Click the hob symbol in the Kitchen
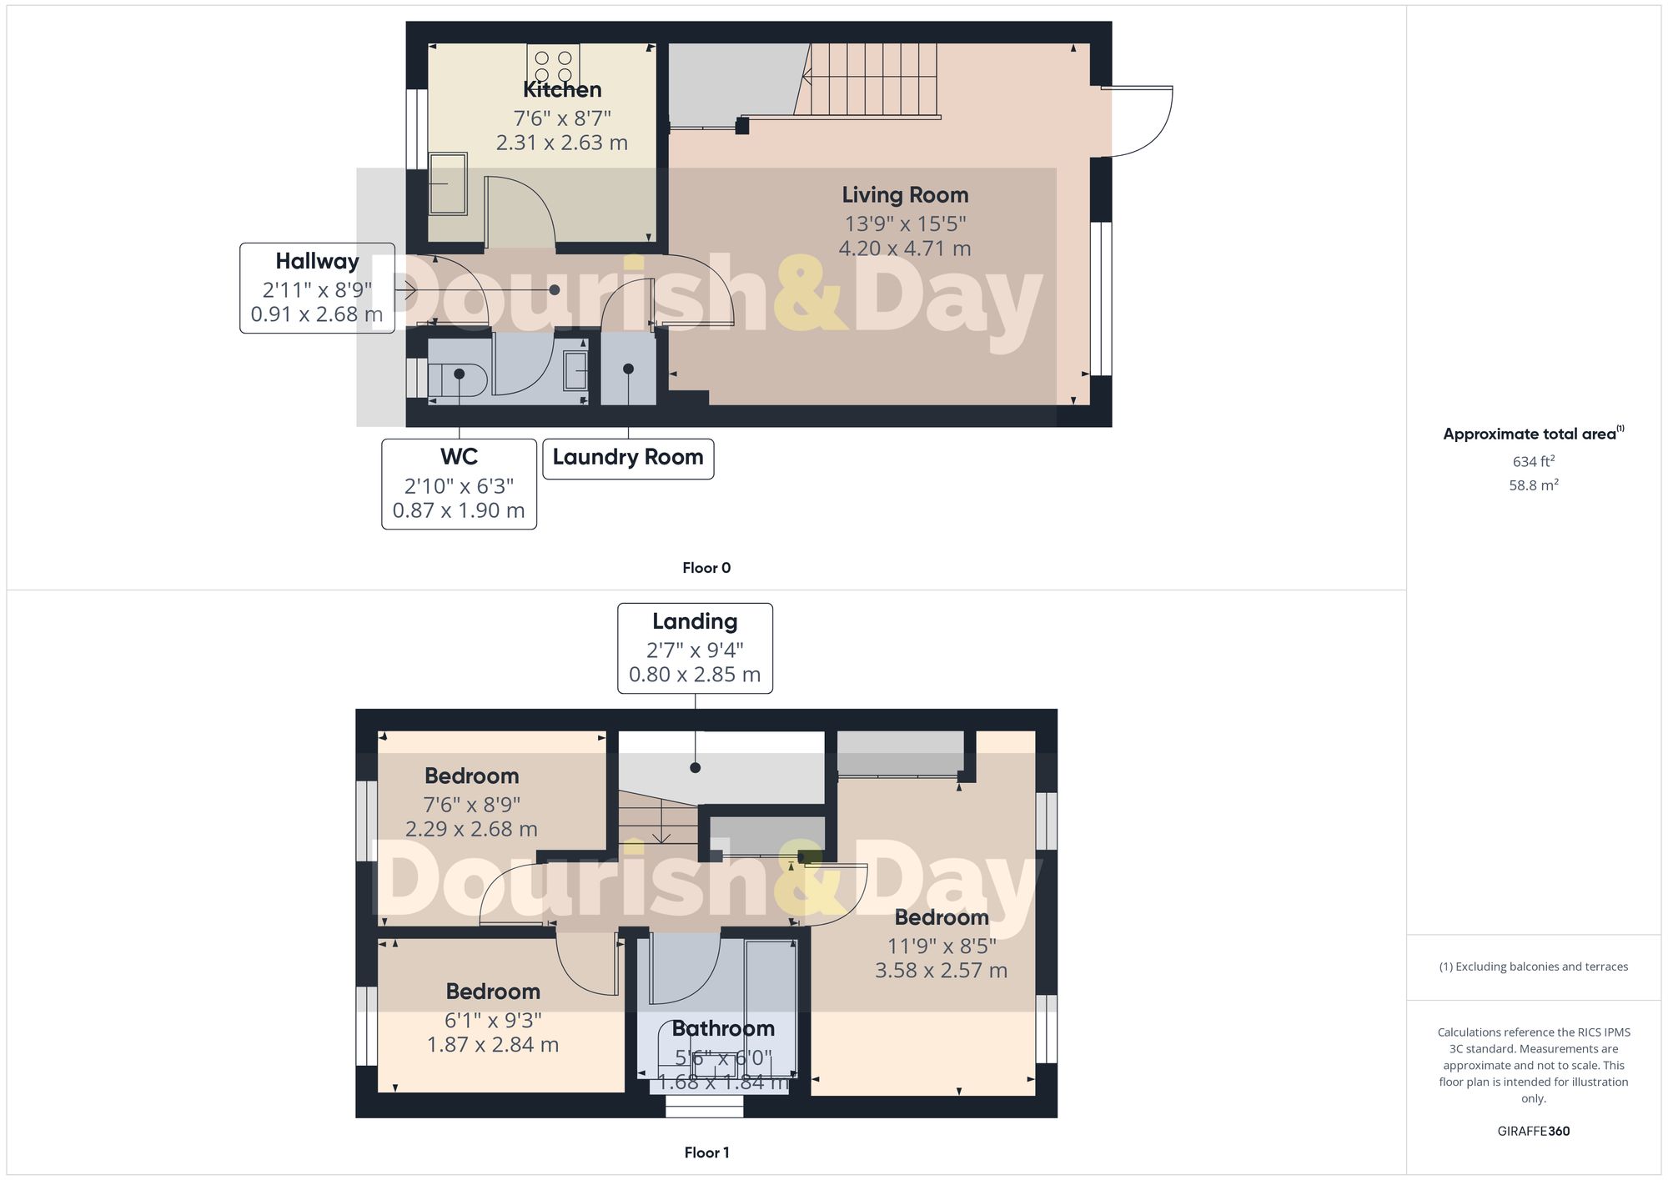coord(553,65)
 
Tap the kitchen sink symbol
coord(448,184)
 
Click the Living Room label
coord(905,195)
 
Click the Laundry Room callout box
coord(628,459)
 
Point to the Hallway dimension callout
coord(317,289)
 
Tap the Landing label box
coord(695,648)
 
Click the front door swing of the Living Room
coord(1138,121)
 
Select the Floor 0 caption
coord(706,568)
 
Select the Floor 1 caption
coord(706,1152)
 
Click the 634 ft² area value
coord(1533,461)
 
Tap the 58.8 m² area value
coord(1533,485)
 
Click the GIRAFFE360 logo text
coord(1533,1131)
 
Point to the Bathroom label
coord(723,1028)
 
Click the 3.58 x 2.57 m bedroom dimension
coord(941,971)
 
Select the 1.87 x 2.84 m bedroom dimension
coord(493,1045)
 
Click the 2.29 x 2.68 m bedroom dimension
coord(471,829)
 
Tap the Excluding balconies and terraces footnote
coord(1533,967)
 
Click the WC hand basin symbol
coord(575,371)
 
